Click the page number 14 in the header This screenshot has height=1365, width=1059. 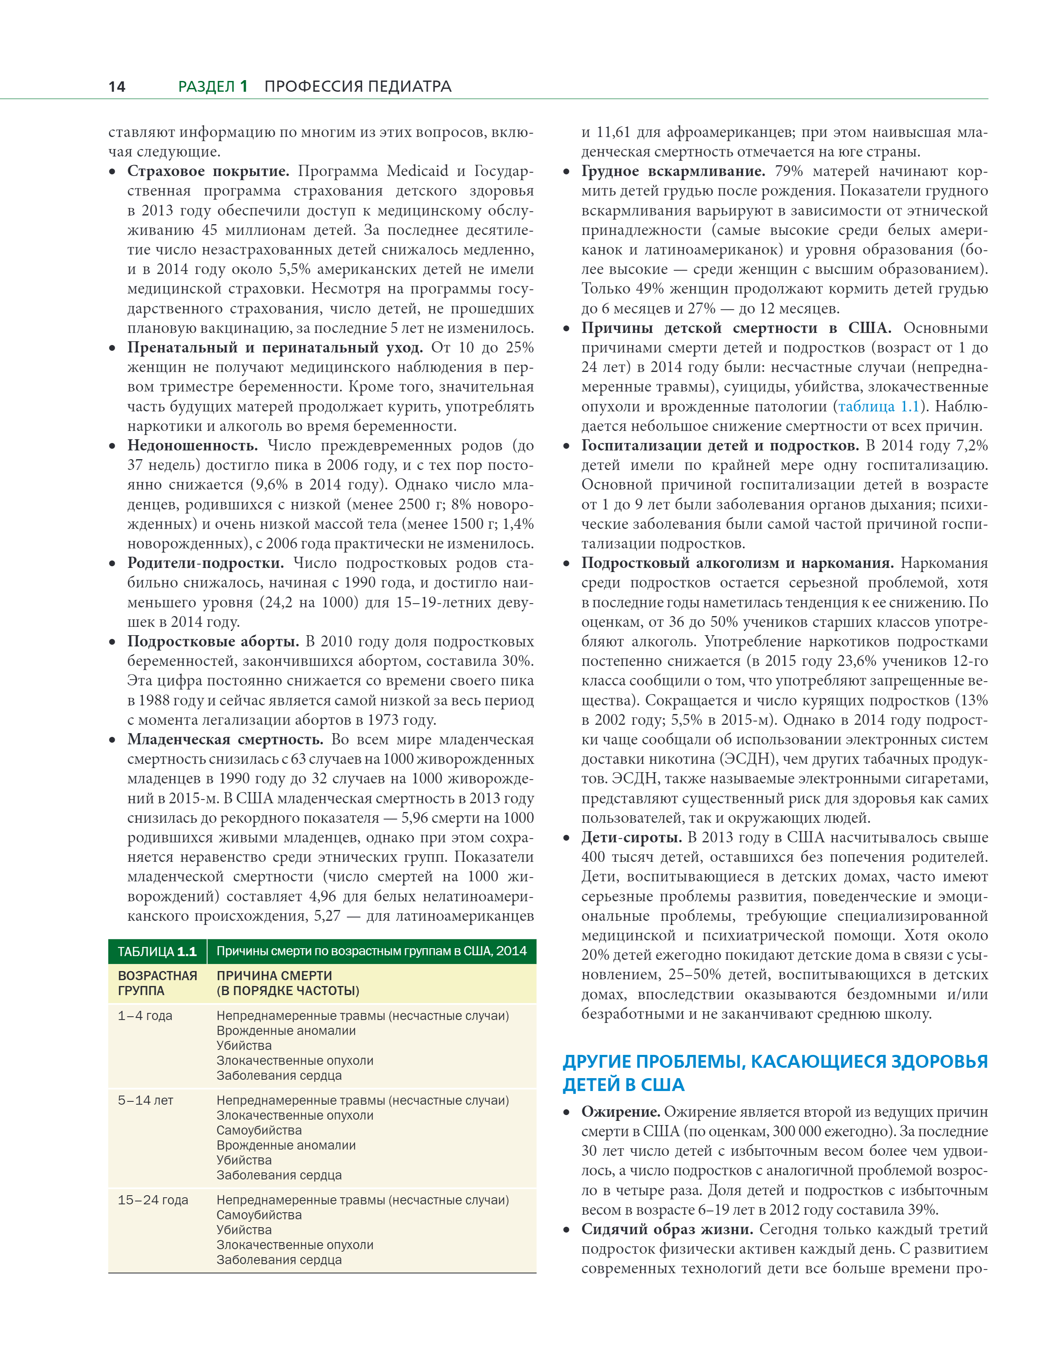[x=117, y=86]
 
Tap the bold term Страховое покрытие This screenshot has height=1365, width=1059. [x=208, y=171]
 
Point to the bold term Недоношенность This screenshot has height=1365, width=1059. [x=193, y=445]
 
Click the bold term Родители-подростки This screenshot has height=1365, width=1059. [x=205, y=563]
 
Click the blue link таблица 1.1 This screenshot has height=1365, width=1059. [x=878, y=407]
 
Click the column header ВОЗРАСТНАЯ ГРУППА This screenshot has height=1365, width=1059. [x=157, y=983]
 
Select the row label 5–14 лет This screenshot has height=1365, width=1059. [x=145, y=1101]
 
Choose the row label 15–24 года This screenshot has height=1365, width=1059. [x=152, y=1200]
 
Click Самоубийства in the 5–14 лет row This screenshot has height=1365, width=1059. [x=259, y=1130]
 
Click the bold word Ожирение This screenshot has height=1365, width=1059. [x=621, y=1112]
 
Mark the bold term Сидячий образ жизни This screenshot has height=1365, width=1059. [x=666, y=1229]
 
